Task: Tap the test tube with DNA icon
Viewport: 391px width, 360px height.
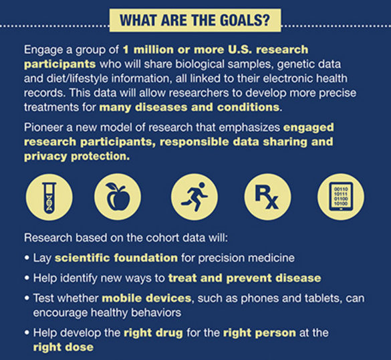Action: [49, 197]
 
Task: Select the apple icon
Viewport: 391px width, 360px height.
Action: [118, 197]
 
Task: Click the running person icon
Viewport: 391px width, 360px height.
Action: [194, 197]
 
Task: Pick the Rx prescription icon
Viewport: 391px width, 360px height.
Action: [267, 197]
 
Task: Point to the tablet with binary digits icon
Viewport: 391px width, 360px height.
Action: [341, 197]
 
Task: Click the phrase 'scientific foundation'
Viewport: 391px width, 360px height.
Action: [116, 258]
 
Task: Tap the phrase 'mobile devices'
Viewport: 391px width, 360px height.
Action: [146, 298]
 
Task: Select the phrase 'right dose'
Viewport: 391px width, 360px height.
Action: [63, 347]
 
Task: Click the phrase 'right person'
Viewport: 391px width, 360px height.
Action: [259, 333]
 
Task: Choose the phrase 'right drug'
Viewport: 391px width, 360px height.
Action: [153, 333]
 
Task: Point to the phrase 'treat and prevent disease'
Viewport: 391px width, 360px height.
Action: [245, 278]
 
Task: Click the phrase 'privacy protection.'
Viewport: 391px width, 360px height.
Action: [77, 157]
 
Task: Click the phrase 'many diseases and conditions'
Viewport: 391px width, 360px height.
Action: [189, 107]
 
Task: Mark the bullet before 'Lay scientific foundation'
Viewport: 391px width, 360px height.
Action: [27, 258]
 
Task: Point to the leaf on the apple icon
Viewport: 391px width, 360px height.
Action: [112, 186]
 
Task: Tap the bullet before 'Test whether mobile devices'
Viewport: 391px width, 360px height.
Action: [27, 298]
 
